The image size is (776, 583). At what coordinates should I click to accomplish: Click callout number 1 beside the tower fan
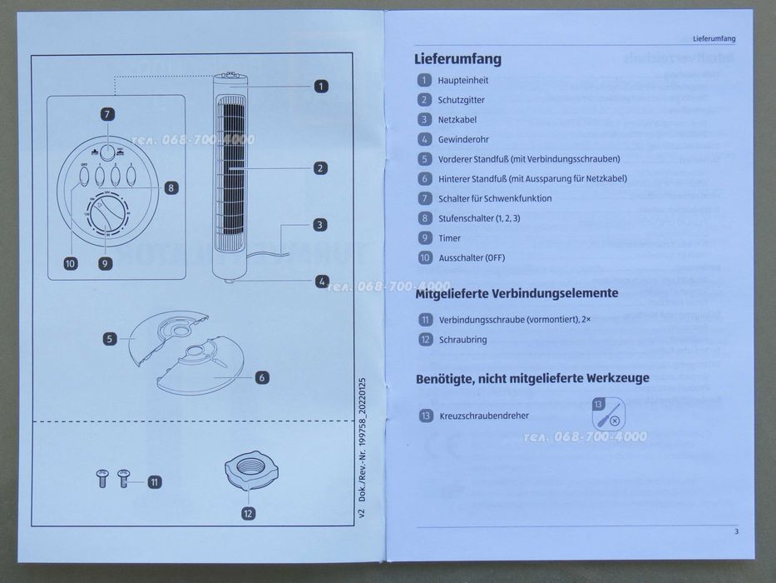click(x=321, y=85)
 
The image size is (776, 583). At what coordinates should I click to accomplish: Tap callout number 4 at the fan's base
click(x=321, y=282)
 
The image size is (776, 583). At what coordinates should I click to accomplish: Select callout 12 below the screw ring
click(x=248, y=514)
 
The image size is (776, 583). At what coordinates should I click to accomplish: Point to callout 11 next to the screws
click(x=155, y=481)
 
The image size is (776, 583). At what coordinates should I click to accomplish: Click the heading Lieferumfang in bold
click(x=457, y=59)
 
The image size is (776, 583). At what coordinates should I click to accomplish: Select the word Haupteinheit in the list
click(x=462, y=81)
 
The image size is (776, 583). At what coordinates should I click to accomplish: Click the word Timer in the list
click(x=449, y=238)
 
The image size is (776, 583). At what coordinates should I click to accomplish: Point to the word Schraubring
click(x=462, y=340)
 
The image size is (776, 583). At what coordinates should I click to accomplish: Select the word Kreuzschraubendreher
click(x=484, y=416)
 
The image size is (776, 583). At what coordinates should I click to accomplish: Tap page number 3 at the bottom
click(x=736, y=531)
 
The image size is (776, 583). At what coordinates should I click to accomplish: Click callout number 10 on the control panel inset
click(x=70, y=264)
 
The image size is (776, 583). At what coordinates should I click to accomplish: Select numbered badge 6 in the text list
click(x=425, y=178)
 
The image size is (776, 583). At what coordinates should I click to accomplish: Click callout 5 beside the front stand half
click(x=110, y=338)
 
